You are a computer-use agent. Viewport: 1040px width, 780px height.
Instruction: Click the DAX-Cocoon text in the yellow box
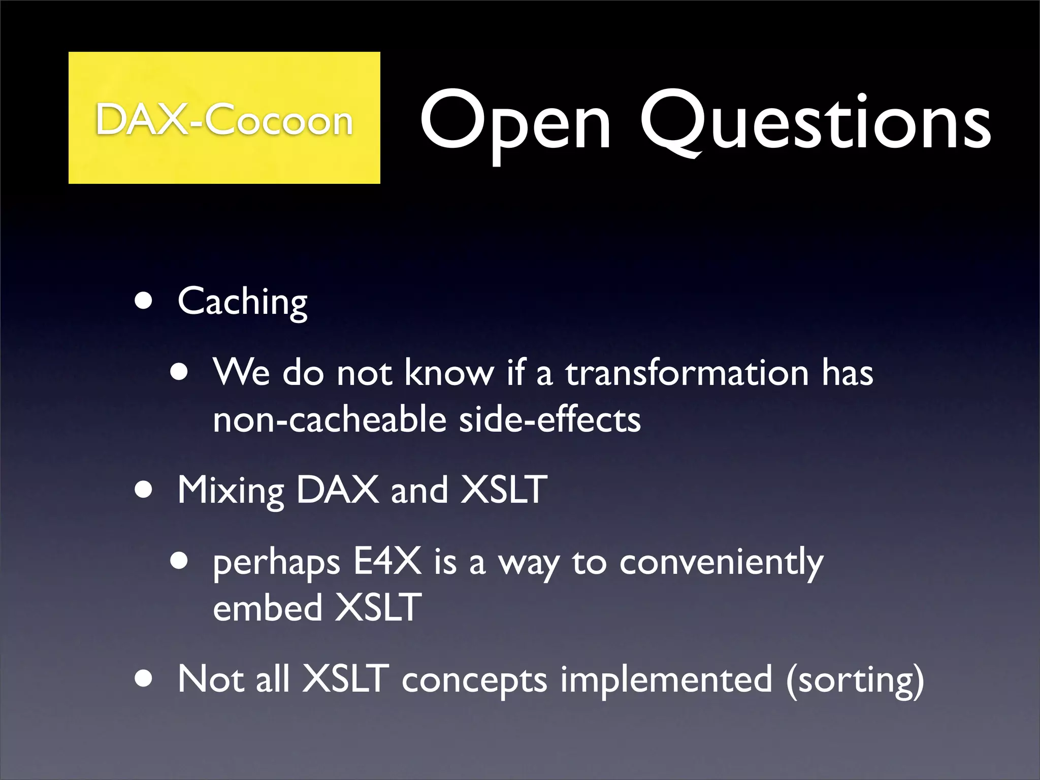[224, 120]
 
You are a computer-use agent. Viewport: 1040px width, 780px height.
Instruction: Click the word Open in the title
[515, 122]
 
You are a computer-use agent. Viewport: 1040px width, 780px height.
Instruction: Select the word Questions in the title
[815, 122]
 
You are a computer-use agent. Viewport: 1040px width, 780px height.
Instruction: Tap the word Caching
[242, 302]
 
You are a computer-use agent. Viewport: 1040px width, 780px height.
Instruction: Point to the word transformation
[687, 372]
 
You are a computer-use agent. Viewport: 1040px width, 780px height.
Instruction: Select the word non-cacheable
[329, 420]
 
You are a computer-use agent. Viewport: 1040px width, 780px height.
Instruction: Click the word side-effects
[549, 420]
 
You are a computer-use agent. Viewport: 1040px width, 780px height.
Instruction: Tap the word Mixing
[231, 491]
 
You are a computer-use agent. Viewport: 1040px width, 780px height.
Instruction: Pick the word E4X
[387, 562]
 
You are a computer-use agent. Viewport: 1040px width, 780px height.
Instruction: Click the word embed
[268, 608]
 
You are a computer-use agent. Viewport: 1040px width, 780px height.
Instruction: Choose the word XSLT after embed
[378, 608]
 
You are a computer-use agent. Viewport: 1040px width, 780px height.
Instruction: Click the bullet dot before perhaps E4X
[179, 562]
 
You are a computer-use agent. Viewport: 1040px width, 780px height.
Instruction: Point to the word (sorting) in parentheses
[855, 680]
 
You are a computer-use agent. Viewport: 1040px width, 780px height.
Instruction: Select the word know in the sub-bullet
[449, 372]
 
